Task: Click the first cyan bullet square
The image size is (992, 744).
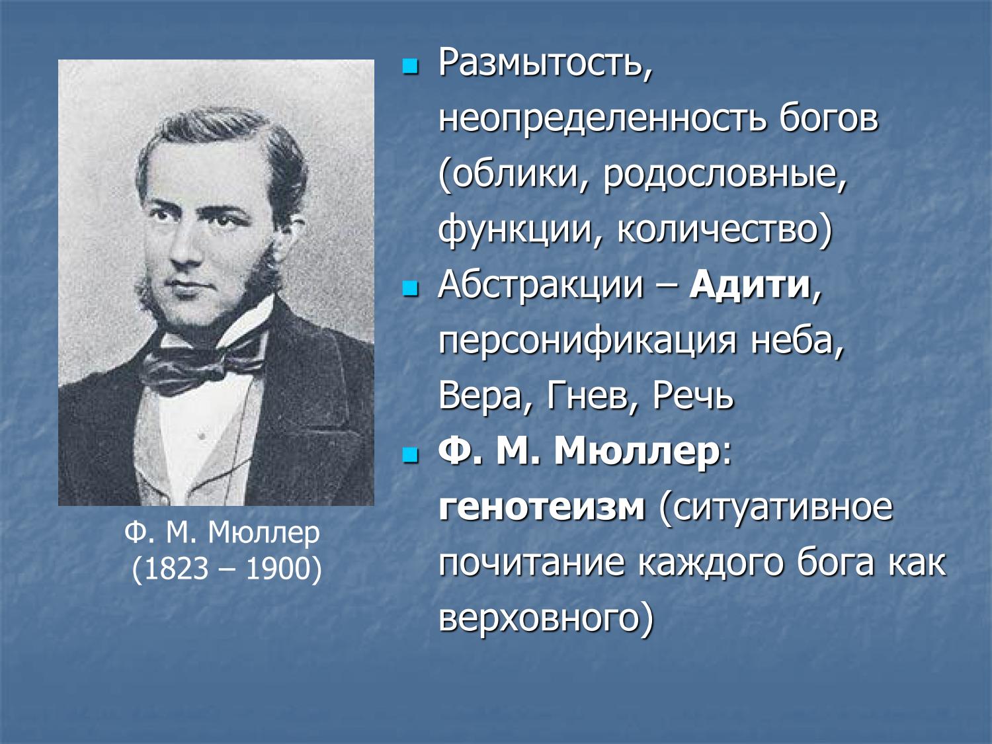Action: tap(411, 66)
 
